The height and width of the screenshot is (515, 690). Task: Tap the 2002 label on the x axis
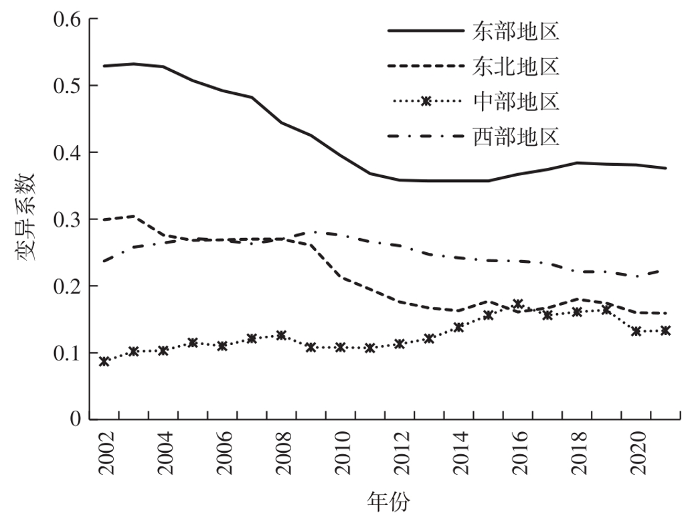point(106,455)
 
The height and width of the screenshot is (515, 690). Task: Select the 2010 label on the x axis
point(341,455)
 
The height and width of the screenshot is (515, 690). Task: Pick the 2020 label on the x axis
point(636,455)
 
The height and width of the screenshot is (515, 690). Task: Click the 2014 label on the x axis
point(459,455)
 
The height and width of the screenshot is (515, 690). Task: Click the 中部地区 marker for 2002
point(104,361)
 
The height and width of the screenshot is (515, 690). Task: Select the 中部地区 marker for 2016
point(517,304)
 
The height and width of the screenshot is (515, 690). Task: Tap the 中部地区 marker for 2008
point(281,335)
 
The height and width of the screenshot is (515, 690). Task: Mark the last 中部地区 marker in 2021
point(665,330)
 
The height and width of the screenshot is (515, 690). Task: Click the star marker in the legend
point(425,102)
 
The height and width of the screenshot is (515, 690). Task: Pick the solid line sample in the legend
point(425,31)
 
